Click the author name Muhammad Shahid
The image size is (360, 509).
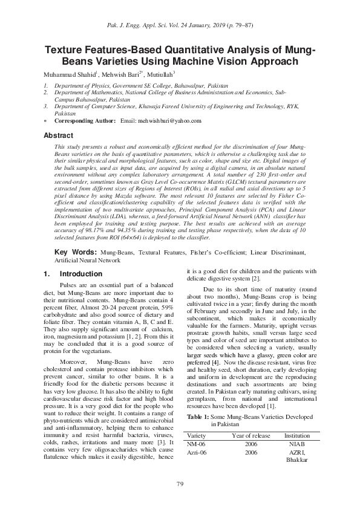tap(64, 74)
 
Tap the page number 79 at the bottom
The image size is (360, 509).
tap(180, 484)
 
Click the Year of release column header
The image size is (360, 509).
tap(251, 435)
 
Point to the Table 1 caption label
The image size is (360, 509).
tap(199, 417)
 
